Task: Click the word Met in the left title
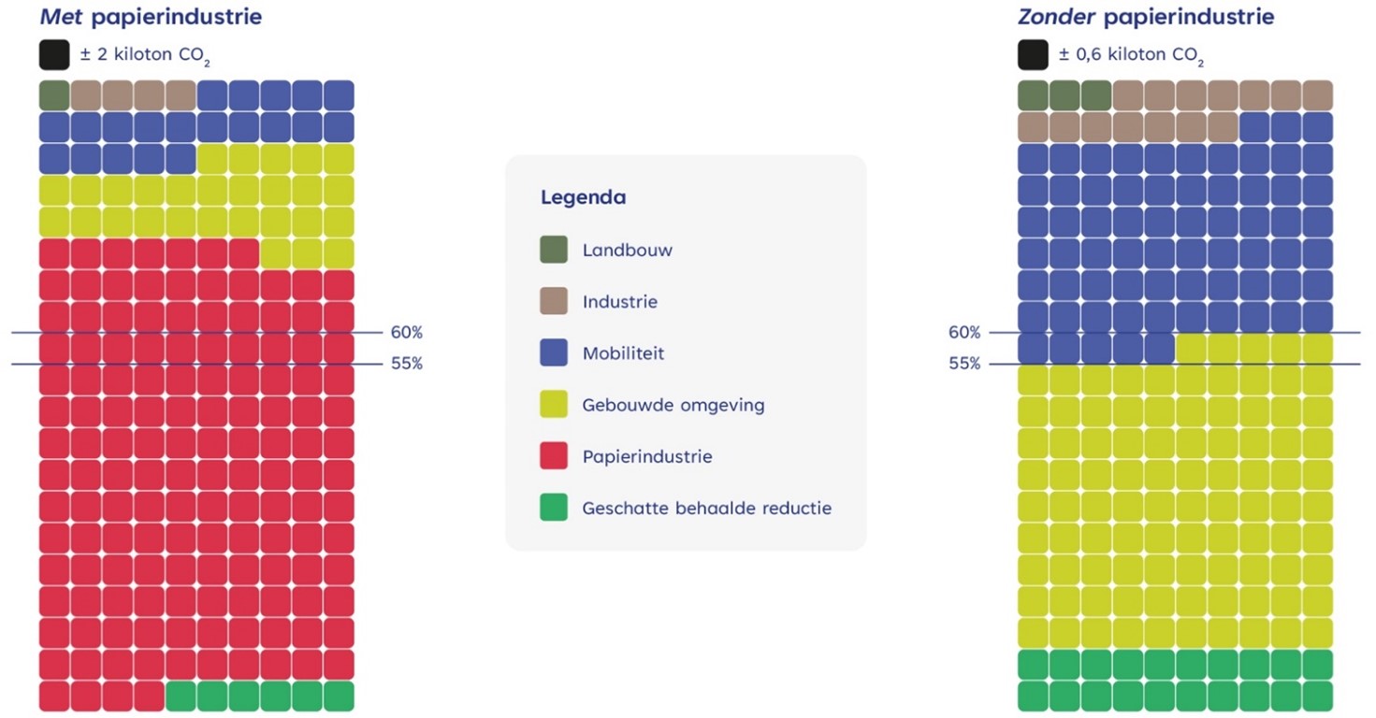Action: point(59,17)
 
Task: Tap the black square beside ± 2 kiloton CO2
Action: point(54,54)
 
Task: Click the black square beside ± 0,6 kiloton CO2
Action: point(1033,54)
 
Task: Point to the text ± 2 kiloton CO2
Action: point(145,55)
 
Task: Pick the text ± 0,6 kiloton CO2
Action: point(1131,55)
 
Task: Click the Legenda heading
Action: point(583,198)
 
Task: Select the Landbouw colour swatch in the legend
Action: point(554,250)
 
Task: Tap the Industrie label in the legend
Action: point(619,302)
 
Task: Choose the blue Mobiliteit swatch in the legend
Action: point(554,353)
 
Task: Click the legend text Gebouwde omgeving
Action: point(673,405)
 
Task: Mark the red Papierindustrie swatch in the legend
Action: point(554,456)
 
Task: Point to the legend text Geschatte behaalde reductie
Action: point(706,509)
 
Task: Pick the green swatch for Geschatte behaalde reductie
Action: point(554,508)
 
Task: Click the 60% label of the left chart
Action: point(407,333)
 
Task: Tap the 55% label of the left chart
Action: point(407,364)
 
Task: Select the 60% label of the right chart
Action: point(964,333)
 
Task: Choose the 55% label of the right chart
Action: point(964,364)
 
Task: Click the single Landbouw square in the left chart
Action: point(54,94)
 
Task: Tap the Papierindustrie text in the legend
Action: point(646,456)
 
